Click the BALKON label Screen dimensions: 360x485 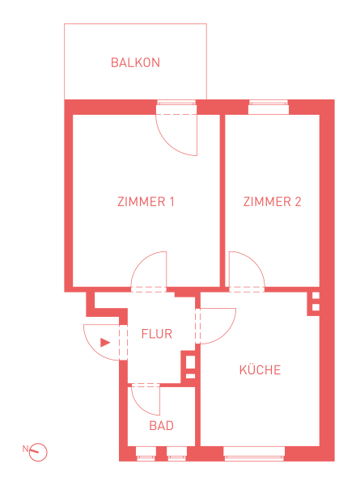(x=135, y=62)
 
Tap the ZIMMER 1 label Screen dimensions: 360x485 (x=146, y=201)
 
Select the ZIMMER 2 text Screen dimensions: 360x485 (x=272, y=201)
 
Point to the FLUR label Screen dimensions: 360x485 (x=157, y=334)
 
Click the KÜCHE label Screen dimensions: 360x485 (x=260, y=369)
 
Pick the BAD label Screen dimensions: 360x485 (x=161, y=426)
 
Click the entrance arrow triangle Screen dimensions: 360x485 (x=105, y=343)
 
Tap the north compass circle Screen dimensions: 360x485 (x=38, y=452)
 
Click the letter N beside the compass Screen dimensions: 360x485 (x=25, y=449)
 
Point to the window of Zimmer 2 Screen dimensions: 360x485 (x=269, y=107)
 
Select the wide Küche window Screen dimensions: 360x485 (x=254, y=453)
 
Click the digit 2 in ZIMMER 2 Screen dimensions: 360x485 (x=298, y=201)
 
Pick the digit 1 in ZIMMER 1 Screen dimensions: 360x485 (x=172, y=201)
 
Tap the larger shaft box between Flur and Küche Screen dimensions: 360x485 (x=190, y=362)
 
